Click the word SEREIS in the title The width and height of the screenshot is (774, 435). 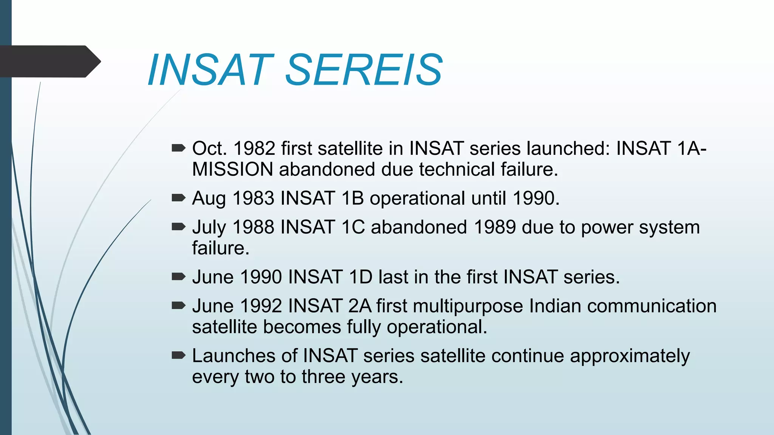pos(364,70)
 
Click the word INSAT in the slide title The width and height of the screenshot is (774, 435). pos(210,70)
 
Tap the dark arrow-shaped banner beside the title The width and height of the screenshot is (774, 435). pos(49,61)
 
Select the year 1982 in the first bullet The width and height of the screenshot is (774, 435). pos(254,148)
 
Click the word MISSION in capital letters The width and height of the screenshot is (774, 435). pos(232,169)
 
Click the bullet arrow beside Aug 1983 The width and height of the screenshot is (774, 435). pos(178,197)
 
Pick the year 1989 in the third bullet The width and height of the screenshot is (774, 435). pos(494,227)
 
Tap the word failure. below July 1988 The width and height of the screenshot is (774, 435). pos(221,248)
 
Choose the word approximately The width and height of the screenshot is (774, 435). pos(630,356)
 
